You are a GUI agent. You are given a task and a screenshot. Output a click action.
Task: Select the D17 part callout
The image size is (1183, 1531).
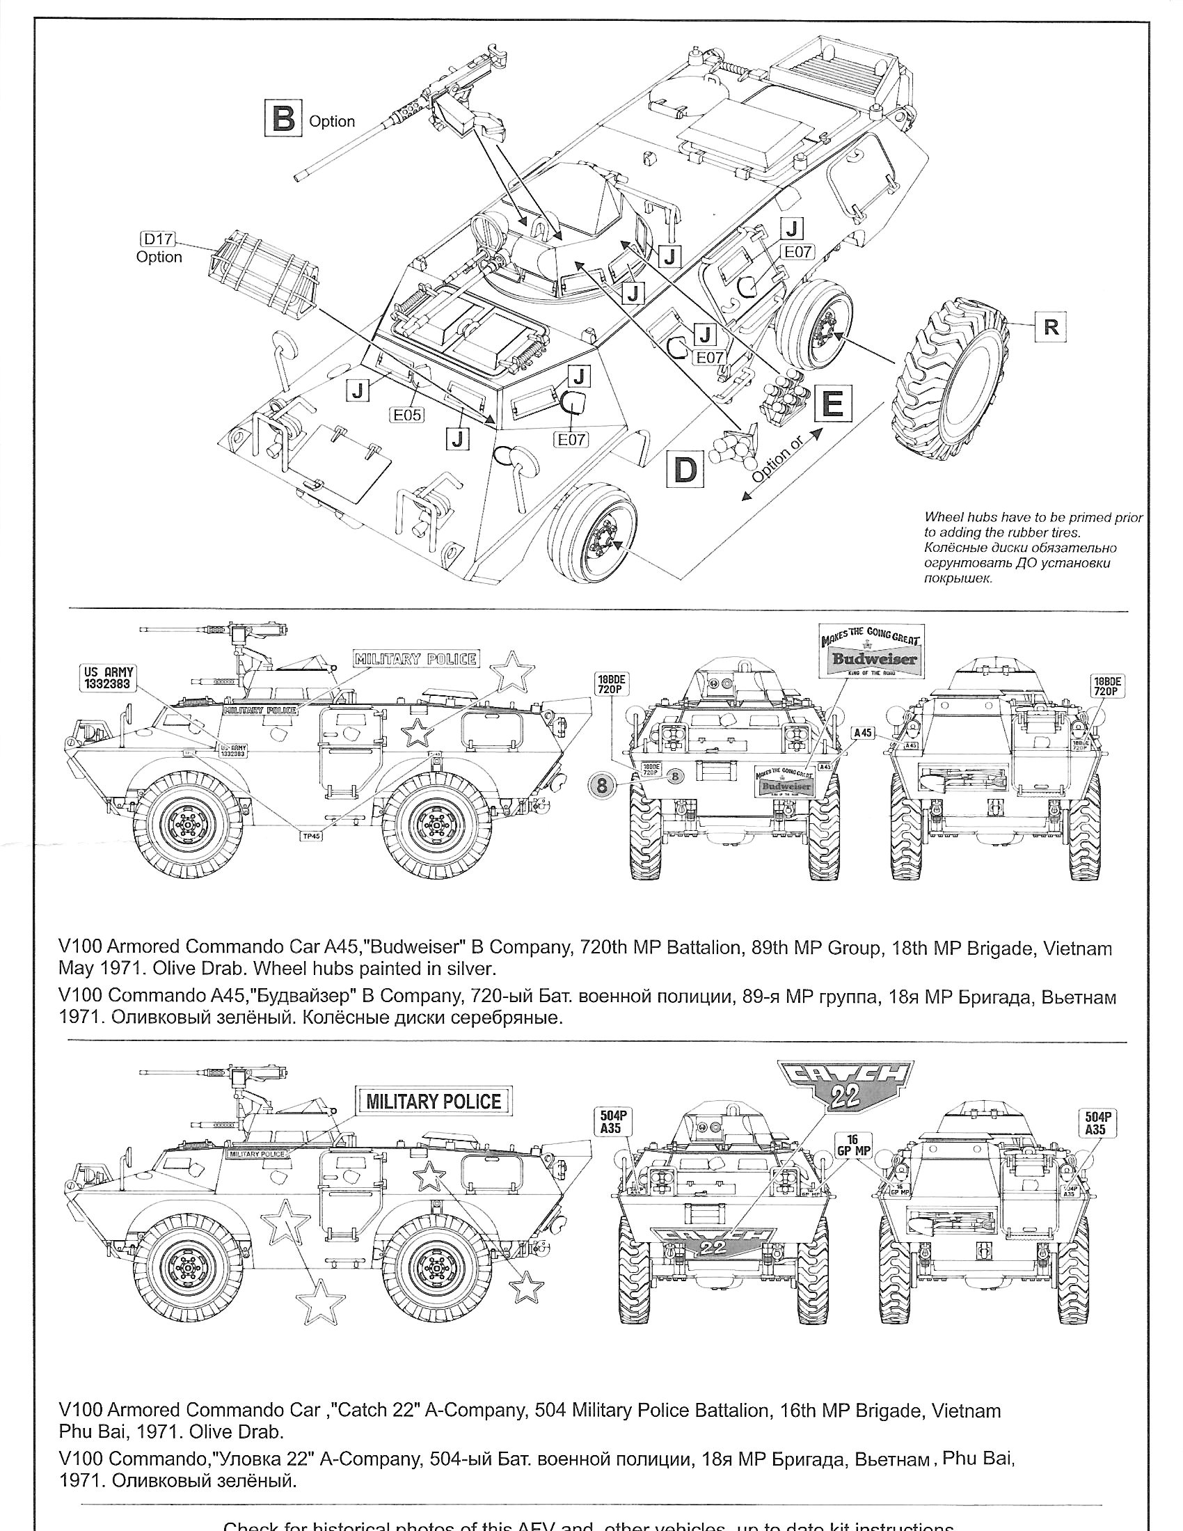(159, 239)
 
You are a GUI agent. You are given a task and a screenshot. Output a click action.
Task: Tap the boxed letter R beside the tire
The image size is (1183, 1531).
(1051, 326)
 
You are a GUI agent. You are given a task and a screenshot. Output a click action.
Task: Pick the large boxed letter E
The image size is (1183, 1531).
(832, 404)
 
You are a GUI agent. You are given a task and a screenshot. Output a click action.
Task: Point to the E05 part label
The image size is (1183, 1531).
(407, 415)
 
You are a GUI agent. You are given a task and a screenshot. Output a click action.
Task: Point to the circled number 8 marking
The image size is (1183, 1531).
(602, 784)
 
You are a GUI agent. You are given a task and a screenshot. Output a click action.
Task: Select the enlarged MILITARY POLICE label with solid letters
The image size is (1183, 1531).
(434, 1102)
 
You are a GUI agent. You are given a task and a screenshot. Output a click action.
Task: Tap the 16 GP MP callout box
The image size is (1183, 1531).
(853, 1145)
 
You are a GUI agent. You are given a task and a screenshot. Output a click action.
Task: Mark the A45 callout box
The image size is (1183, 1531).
(864, 733)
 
